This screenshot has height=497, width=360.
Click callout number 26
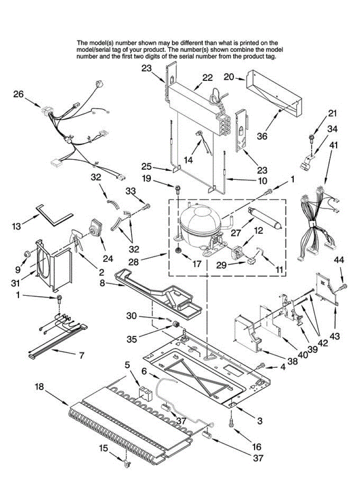(18, 94)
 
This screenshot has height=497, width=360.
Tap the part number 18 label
(39, 387)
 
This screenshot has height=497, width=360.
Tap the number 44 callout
(339, 260)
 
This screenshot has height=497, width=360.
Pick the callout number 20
(229, 77)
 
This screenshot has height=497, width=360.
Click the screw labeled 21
(310, 137)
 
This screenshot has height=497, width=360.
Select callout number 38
(293, 361)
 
